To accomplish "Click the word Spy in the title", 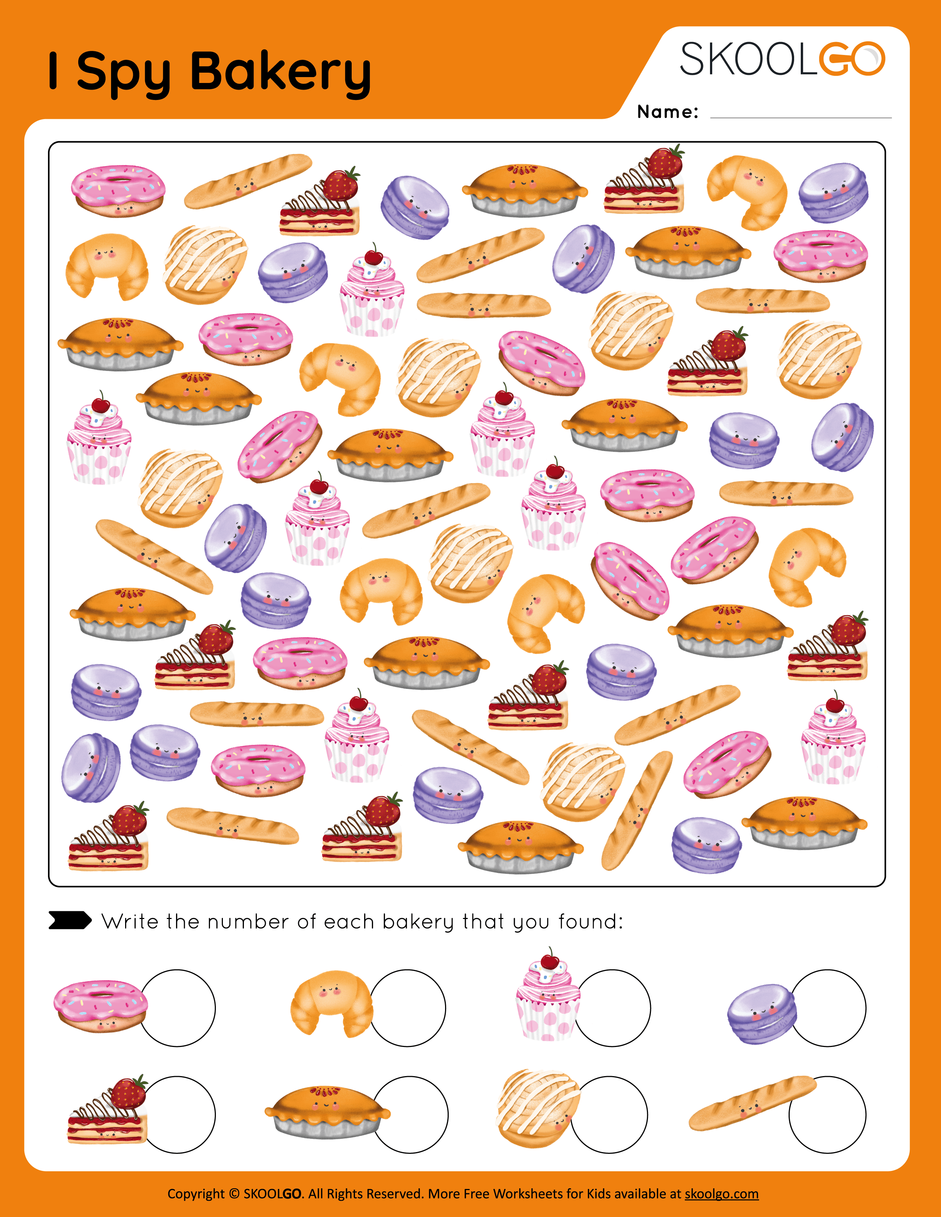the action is tap(123, 73).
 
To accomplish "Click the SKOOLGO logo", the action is tap(782, 59).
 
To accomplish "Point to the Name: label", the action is tap(667, 112).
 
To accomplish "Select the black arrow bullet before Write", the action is tap(70, 920).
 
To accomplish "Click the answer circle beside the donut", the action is tap(177, 1008).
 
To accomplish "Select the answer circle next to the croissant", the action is tap(407, 1008).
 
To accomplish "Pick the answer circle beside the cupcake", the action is tap(612, 1008).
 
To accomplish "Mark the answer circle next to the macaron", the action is tap(828, 1008).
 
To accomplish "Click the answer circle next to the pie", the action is tap(410, 1114).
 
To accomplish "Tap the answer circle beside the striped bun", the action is tap(609, 1114).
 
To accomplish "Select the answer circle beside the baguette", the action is tap(828, 1114).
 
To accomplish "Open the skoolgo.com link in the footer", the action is tap(721, 1194).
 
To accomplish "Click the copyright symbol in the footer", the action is tap(234, 1194).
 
